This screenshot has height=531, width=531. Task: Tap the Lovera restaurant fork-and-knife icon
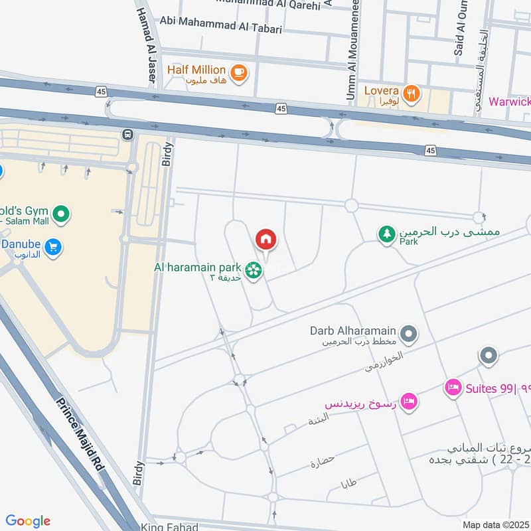pyautogui.click(x=412, y=94)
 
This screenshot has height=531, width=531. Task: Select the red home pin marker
pyautogui.click(x=265, y=240)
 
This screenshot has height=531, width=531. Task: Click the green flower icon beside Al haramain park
pyautogui.click(x=252, y=269)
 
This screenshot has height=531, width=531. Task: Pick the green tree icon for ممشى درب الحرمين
pyautogui.click(x=386, y=233)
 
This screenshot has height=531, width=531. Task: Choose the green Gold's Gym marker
pyautogui.click(x=61, y=214)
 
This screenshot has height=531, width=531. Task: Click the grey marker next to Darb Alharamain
pyautogui.click(x=409, y=333)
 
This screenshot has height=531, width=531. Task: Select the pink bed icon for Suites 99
pyautogui.click(x=453, y=388)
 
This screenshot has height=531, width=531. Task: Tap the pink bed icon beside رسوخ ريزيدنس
pyautogui.click(x=410, y=400)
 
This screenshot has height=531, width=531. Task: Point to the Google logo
pyautogui.click(x=28, y=521)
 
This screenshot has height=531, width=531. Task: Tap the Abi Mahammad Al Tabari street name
pyautogui.click(x=221, y=29)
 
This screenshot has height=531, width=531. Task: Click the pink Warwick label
pyautogui.click(x=509, y=102)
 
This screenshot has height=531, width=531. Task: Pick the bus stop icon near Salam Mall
pyautogui.click(x=127, y=135)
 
